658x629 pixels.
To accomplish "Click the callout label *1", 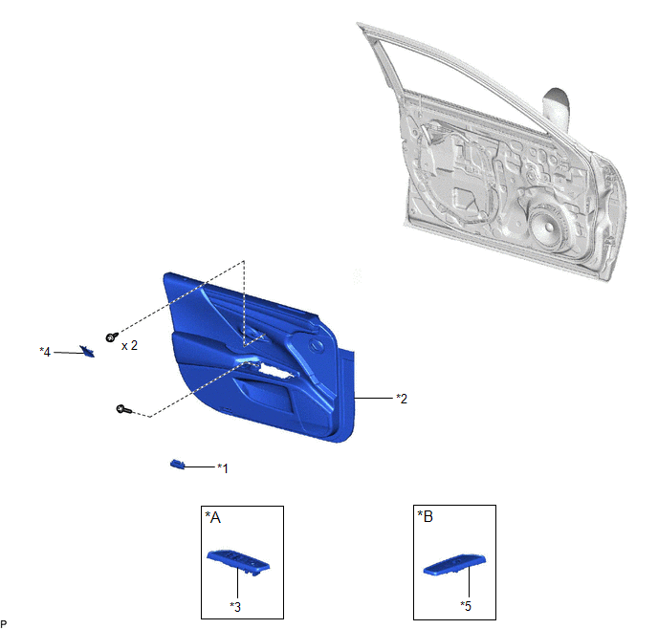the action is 223,468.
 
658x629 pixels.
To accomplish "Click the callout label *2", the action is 402,399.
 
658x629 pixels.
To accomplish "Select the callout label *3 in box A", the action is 235,607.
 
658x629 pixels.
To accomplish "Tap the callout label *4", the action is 45,352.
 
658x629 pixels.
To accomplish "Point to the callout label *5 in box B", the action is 466,606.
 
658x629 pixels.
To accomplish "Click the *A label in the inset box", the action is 212,517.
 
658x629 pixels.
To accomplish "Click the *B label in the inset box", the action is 425,516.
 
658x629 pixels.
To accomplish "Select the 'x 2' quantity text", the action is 129,345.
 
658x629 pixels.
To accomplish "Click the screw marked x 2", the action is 112,336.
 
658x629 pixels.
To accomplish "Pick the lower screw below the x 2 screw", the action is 123,409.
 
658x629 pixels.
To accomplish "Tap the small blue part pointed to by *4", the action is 87,351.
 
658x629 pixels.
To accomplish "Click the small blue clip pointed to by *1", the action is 177,465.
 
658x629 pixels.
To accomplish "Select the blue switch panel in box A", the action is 238,560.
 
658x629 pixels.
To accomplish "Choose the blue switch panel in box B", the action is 454,564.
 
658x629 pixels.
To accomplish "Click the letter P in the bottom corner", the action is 4,624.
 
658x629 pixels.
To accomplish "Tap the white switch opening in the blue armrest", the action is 275,370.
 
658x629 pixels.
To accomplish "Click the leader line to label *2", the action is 374,398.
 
